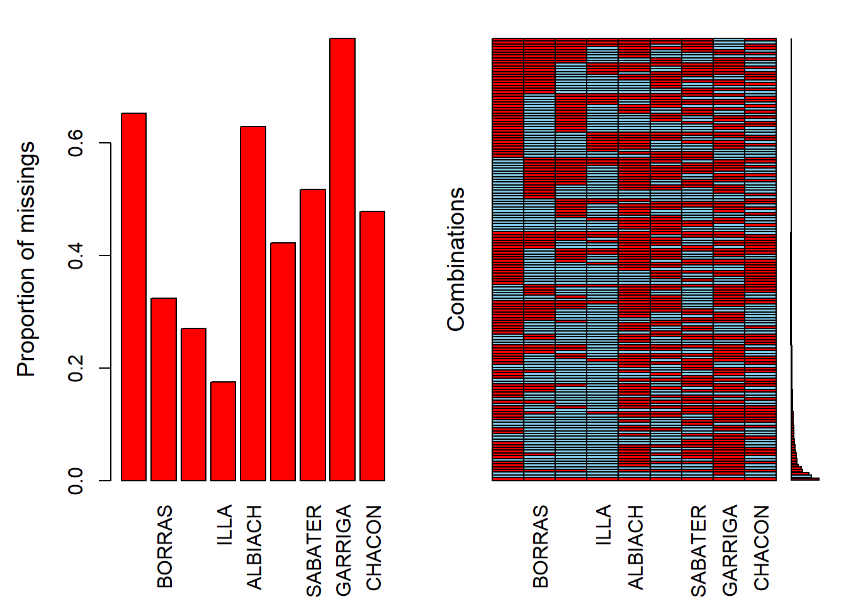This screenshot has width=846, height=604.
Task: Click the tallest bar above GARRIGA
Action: [342, 259]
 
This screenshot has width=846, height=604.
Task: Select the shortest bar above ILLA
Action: [223, 431]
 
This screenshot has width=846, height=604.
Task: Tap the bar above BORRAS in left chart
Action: [164, 389]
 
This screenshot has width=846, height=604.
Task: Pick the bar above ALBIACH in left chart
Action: [253, 303]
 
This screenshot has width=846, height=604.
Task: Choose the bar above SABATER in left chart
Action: [313, 335]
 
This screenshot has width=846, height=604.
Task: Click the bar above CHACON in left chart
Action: [372, 346]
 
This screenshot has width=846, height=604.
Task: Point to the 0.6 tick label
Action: [77, 143]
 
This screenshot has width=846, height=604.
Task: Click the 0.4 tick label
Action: [77, 255]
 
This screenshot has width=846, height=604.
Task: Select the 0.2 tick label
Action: [77, 368]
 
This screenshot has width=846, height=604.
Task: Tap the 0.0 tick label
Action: [77, 481]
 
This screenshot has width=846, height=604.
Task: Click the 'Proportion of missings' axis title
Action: [26, 259]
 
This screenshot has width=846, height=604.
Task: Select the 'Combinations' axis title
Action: [456, 259]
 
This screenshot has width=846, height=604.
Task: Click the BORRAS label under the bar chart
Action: [165, 546]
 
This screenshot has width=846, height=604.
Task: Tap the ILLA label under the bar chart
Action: [225, 524]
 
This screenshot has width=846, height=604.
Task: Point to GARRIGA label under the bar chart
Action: [344, 550]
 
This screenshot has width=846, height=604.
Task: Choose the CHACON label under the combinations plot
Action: [762, 548]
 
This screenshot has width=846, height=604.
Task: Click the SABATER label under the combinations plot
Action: [699, 551]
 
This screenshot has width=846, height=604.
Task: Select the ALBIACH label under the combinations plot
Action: [636, 547]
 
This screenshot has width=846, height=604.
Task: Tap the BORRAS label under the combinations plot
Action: [541, 546]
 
